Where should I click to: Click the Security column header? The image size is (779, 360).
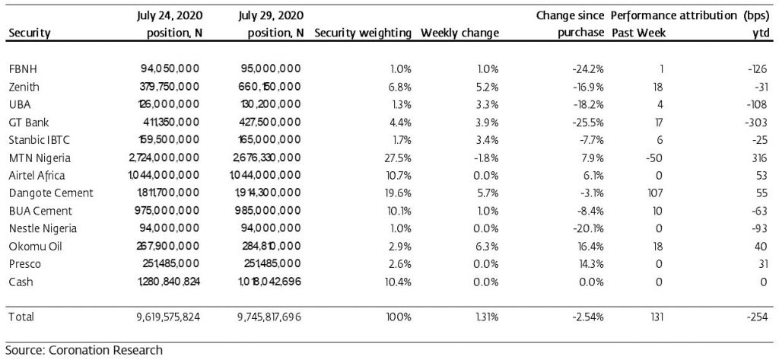pyautogui.click(x=30, y=33)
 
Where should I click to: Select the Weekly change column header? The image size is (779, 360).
pyautogui.click(x=459, y=33)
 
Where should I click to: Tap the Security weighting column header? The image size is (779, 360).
pyautogui.click(x=363, y=33)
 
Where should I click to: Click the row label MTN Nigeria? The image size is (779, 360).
pyautogui.click(x=40, y=158)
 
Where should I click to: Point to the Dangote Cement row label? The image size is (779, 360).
pyautogui.click(x=51, y=193)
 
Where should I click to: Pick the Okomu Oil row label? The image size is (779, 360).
pyautogui.click(x=35, y=247)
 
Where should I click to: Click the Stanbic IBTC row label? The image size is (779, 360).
pyautogui.click(x=40, y=140)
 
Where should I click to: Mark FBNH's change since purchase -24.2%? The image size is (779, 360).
pyautogui.click(x=589, y=69)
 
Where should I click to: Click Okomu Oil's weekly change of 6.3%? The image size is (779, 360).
pyautogui.click(x=488, y=247)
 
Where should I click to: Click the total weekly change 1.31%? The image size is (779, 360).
pyautogui.click(x=486, y=317)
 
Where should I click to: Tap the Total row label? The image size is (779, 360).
pyautogui.click(x=21, y=317)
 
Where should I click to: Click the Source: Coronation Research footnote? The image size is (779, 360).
pyautogui.click(x=84, y=349)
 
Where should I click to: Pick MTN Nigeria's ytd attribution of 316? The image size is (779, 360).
pyautogui.click(x=762, y=158)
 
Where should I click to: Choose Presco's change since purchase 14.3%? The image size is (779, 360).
pyautogui.click(x=591, y=264)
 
